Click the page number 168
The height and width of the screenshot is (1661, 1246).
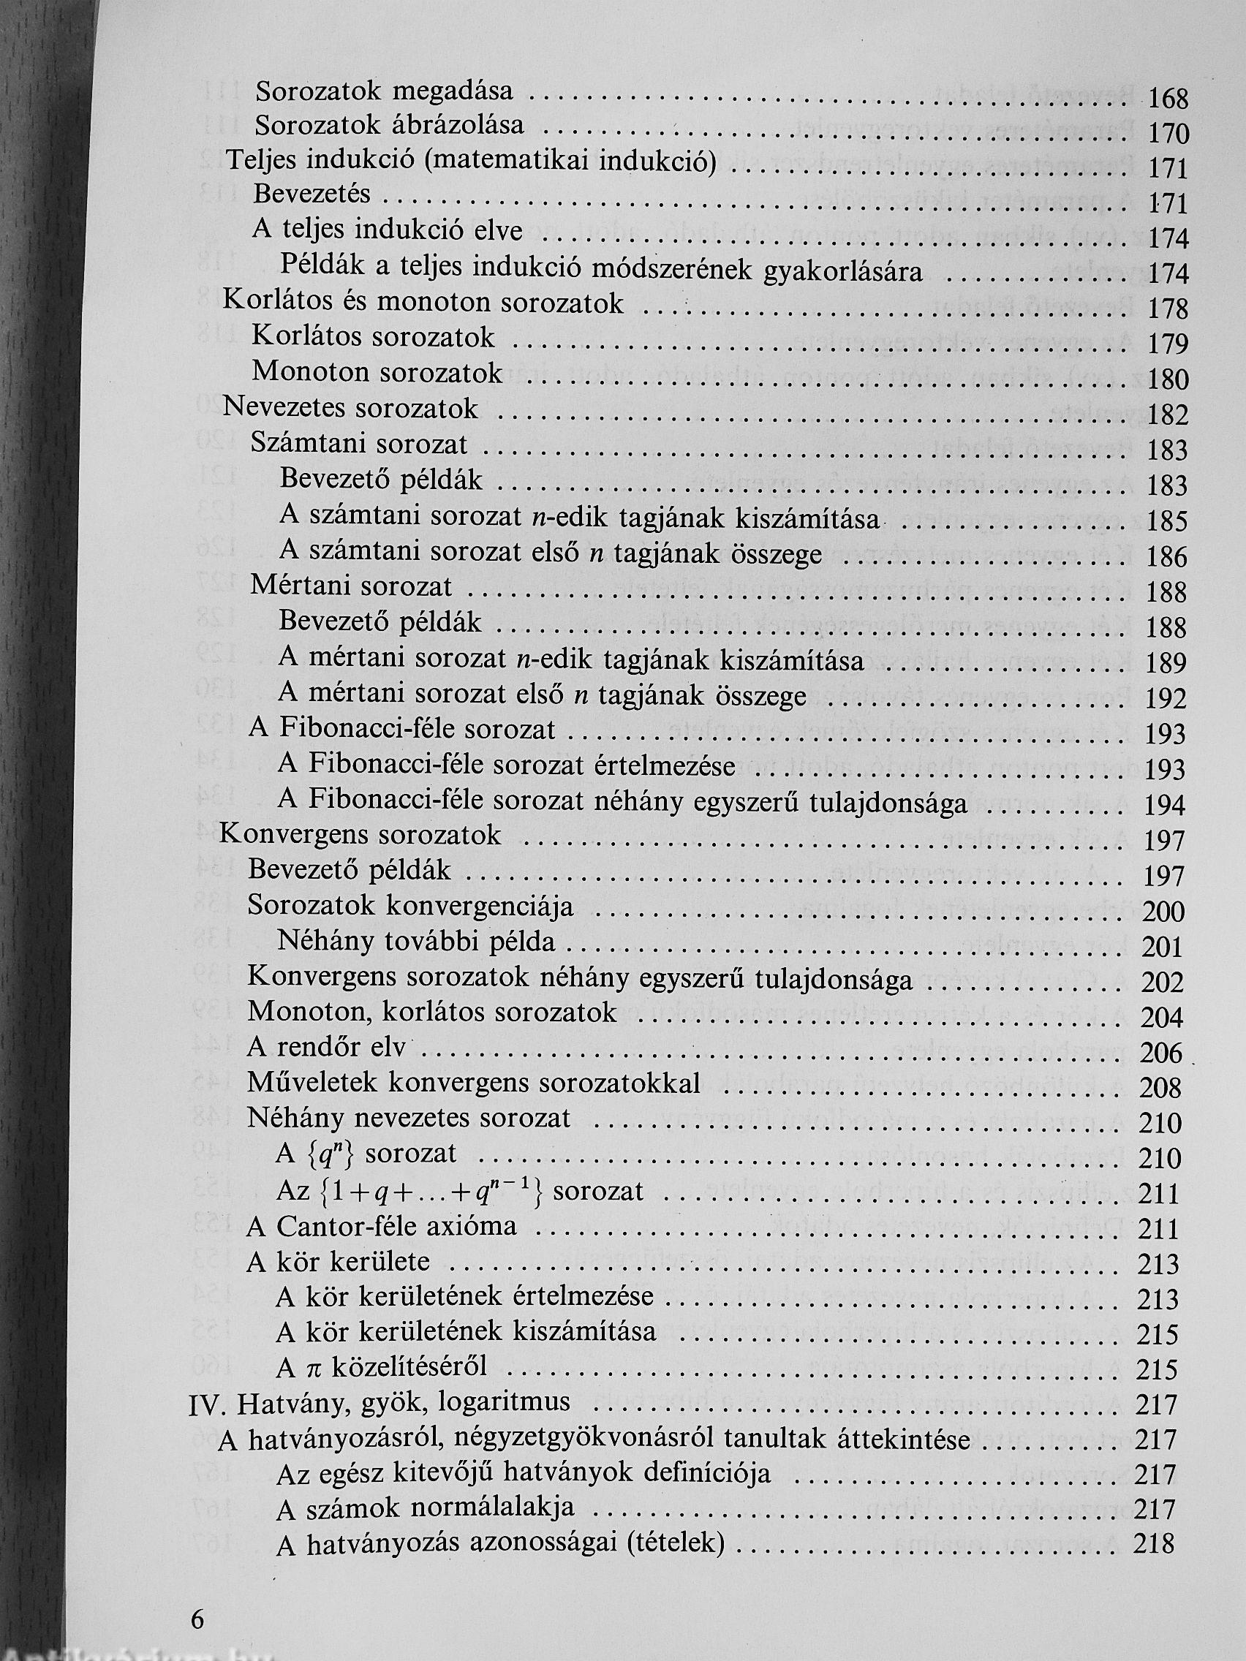point(1169,99)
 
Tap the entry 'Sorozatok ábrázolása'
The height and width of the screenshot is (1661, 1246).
point(390,125)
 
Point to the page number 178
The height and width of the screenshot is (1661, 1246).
point(1168,309)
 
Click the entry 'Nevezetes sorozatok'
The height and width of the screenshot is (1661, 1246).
point(350,409)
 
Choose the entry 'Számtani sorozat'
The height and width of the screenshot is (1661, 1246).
point(359,444)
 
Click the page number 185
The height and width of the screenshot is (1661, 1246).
point(1166,521)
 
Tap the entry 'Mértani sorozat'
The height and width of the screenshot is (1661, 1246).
point(351,586)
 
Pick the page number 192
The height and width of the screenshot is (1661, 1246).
point(1166,699)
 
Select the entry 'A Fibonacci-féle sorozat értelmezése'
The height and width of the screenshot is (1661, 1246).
point(506,765)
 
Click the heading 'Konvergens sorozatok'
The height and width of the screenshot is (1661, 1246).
point(360,836)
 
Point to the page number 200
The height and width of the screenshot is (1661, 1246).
point(1163,912)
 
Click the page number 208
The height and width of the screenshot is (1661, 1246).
point(1161,1088)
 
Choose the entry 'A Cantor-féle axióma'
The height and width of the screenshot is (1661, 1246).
point(382,1226)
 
